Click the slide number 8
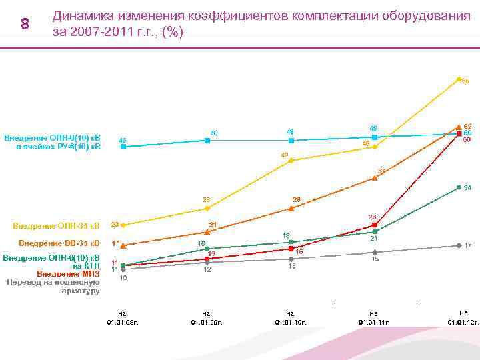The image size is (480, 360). (25, 25)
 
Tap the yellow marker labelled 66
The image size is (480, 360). (459, 79)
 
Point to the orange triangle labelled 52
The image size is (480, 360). (459, 126)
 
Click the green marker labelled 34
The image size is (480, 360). (459, 187)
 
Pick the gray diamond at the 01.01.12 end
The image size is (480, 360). (459, 245)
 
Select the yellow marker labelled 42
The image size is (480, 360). (291, 161)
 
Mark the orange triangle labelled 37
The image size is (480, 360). (375, 178)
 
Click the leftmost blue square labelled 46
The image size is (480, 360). (123, 146)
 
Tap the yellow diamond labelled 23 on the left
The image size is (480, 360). (123, 225)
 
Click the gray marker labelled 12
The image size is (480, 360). (207, 263)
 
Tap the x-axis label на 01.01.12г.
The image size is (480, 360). (463, 317)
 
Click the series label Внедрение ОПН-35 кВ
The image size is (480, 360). (56, 225)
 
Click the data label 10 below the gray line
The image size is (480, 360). (123, 278)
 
